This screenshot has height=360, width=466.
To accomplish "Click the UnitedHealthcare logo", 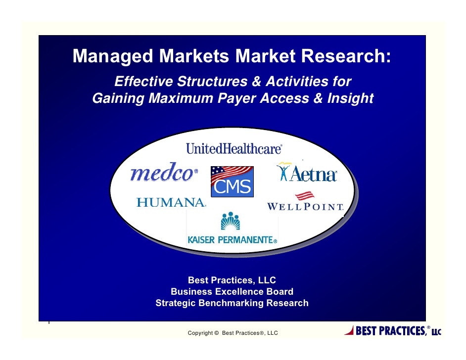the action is (234, 148).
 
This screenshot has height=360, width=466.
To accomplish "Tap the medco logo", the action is (164, 172).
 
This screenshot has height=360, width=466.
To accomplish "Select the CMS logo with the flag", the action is (232, 181).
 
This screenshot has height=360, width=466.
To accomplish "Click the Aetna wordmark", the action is (314, 174).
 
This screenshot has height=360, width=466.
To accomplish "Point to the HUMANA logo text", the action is (171, 202).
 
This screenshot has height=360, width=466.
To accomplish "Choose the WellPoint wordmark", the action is (305, 206).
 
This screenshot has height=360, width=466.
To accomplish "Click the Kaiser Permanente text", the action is (233, 240).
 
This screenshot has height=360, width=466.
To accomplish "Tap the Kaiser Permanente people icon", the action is (231, 221).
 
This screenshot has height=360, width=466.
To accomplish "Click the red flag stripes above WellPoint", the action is (305, 196).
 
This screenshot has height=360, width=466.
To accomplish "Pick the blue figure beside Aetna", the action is (283, 172).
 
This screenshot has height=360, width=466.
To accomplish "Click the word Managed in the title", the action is (113, 56).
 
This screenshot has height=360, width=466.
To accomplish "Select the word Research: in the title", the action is (346, 55).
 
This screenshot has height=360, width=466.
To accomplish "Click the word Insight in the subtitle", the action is (350, 98).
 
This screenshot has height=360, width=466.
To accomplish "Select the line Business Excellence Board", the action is (232, 292).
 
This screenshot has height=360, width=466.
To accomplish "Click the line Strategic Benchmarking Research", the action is (232, 303).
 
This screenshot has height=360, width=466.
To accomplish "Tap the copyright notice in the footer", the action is (233, 333).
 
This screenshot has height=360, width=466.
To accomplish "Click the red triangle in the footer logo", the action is (349, 330).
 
